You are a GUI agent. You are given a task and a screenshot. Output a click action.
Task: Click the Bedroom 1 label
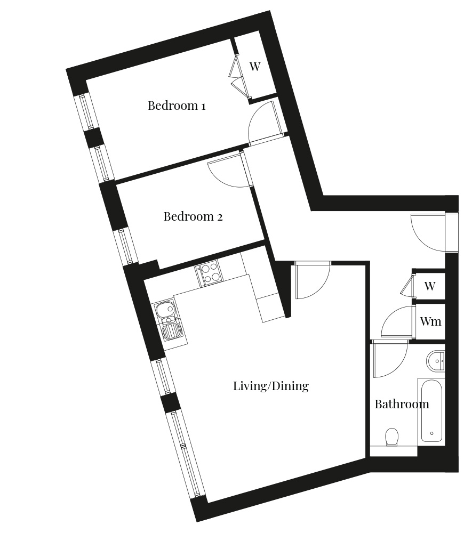[x=177, y=106]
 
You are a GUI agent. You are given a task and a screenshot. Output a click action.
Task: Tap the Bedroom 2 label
[x=193, y=216]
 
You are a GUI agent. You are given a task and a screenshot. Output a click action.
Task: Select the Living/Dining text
[x=271, y=386]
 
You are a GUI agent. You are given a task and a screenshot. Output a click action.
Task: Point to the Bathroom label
[x=402, y=404]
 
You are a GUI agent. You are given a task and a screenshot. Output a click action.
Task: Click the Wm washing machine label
[x=430, y=321]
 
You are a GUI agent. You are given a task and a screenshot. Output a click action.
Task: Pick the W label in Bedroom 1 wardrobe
[x=255, y=66]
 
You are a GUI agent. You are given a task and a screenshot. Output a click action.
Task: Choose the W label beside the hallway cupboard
[x=430, y=286]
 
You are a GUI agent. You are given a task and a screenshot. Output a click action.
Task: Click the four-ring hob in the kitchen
[x=207, y=274]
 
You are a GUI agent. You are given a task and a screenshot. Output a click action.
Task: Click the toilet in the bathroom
[x=392, y=436]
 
